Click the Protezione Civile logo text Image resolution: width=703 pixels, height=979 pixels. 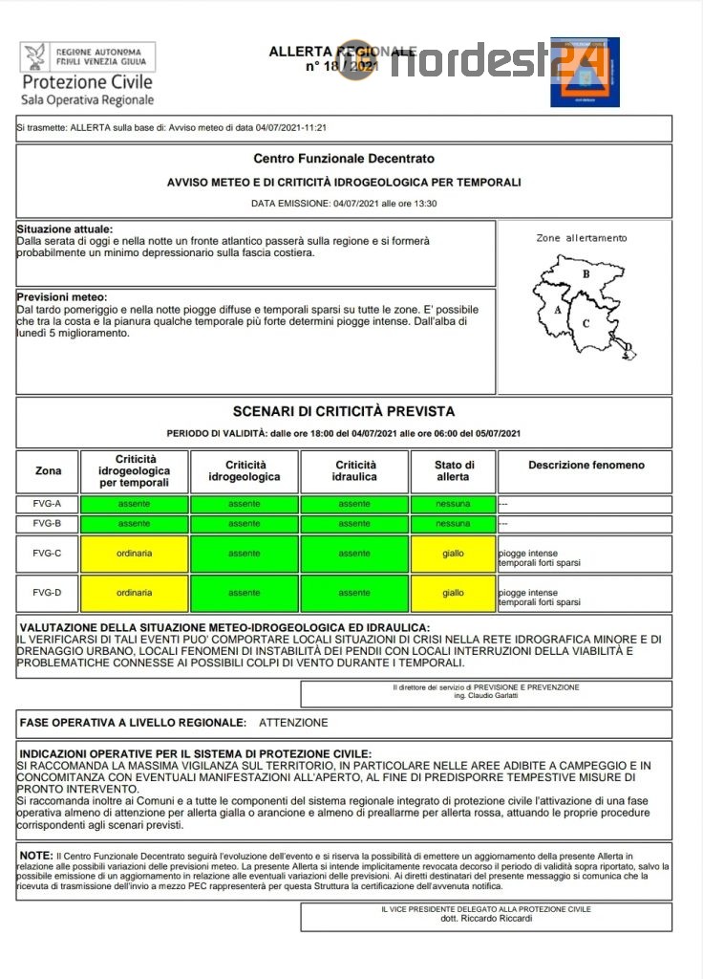pyautogui.click(x=87, y=82)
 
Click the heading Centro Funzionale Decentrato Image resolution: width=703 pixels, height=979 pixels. pyautogui.click(x=344, y=158)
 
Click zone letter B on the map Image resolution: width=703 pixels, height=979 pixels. pyautogui.click(x=586, y=274)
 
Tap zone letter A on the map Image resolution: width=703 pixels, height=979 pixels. pyautogui.click(x=557, y=310)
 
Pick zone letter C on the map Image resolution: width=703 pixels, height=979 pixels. pyautogui.click(x=586, y=322)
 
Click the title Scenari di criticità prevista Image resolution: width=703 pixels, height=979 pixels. pyautogui.click(x=344, y=411)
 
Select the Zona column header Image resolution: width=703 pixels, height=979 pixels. pyautogui.click(x=48, y=470)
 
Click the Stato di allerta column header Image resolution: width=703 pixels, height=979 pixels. pyautogui.click(x=453, y=470)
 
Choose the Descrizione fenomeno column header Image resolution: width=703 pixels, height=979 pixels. pyautogui.click(x=586, y=465)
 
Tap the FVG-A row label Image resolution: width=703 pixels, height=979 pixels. pyautogui.click(x=48, y=504)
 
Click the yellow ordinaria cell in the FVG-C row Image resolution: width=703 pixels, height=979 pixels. pyautogui.click(x=134, y=554)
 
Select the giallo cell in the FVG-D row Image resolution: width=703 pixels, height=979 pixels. pyautogui.click(x=453, y=593)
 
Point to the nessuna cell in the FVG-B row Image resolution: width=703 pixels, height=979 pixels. pyautogui.click(x=453, y=524)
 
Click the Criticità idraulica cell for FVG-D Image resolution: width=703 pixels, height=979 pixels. pyautogui.click(x=354, y=593)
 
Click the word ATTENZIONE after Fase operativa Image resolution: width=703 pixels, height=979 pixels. pyautogui.click(x=293, y=723)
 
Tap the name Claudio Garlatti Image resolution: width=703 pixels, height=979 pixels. pyautogui.click(x=486, y=696)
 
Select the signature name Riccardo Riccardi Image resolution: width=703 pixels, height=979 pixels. pyautogui.click(x=486, y=919)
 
